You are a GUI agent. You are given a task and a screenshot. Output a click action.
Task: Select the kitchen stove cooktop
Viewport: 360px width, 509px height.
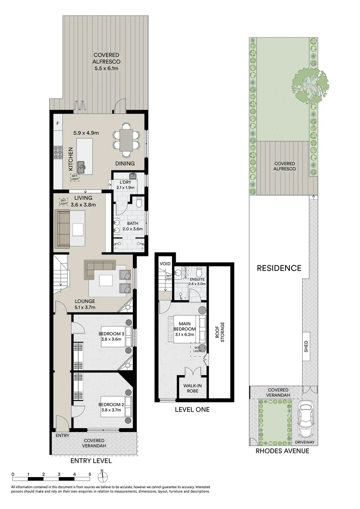pyautogui.click(x=58, y=152)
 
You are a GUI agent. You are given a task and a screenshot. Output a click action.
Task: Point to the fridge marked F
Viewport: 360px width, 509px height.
pyautogui.click(x=57, y=124)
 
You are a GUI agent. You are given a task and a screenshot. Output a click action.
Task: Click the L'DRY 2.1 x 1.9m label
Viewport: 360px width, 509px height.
pyautogui.click(x=125, y=185)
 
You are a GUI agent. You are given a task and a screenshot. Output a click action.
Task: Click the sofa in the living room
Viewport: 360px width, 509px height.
pyautogui.click(x=64, y=230)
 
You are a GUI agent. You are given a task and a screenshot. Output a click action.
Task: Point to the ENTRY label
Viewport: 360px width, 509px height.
pyautogui.click(x=62, y=435)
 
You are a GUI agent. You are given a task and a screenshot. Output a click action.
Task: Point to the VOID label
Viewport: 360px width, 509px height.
pyautogui.click(x=165, y=263)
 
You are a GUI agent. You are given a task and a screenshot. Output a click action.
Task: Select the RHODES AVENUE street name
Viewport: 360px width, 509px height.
pyautogui.click(x=282, y=451)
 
